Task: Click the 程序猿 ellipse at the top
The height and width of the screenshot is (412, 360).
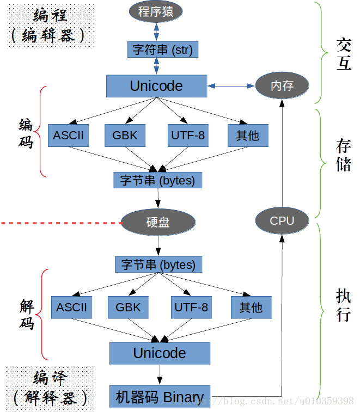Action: click(156, 11)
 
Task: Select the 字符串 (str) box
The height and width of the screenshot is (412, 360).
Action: click(162, 50)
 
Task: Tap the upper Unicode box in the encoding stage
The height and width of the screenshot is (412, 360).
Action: click(156, 86)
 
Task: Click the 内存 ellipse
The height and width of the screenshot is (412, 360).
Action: click(282, 85)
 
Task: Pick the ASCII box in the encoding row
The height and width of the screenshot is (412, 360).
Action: click(68, 136)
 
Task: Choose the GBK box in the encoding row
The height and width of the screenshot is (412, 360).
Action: click(125, 136)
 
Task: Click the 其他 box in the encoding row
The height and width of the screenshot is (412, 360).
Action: click(247, 136)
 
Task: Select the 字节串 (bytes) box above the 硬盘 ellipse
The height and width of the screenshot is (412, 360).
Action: click(158, 180)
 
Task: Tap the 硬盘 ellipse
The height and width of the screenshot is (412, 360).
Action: click(158, 222)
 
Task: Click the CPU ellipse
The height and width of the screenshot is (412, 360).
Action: click(282, 221)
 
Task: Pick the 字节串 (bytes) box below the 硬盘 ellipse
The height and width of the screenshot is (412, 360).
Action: click(158, 265)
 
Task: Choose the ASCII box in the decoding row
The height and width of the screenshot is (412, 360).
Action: click(71, 308)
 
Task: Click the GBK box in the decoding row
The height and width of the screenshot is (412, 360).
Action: click(128, 308)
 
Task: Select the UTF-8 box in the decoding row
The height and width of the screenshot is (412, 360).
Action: click(191, 308)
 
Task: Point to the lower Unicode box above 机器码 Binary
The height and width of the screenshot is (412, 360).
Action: click(160, 353)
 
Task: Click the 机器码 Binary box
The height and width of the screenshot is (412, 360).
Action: click(160, 397)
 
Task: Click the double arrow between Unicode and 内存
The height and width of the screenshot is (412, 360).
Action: click(231, 86)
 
